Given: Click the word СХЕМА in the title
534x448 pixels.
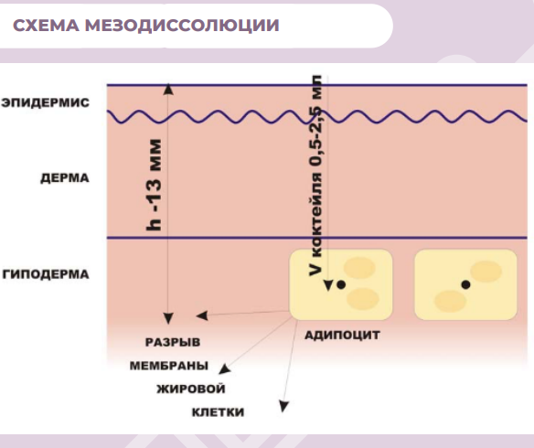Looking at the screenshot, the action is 46,26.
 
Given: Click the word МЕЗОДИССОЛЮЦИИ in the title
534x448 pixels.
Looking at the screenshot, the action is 182,26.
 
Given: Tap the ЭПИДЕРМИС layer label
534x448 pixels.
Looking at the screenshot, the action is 46,102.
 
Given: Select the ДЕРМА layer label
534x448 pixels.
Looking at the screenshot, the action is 65,178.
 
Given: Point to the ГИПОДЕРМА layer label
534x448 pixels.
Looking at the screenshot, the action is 46,274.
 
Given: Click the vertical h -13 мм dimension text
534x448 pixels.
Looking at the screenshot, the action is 154,185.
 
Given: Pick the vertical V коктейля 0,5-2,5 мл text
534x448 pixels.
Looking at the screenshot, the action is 315,176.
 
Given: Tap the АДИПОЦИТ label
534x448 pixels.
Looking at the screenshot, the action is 342,336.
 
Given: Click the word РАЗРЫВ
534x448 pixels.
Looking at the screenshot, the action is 173,342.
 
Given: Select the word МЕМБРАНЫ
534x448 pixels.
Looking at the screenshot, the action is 169,366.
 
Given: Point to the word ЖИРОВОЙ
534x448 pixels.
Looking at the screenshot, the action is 191,389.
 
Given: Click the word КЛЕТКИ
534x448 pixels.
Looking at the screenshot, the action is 218,412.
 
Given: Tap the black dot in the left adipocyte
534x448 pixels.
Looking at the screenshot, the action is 341,284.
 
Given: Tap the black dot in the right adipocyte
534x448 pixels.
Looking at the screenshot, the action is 466,284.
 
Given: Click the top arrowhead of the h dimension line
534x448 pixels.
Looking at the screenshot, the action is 168,90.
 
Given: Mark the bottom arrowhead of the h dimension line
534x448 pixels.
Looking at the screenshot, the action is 168,318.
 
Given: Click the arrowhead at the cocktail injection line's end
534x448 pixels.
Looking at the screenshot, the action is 328,285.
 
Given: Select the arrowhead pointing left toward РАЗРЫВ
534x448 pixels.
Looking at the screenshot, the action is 202,316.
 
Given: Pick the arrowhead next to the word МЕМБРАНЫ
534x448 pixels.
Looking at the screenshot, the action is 224,369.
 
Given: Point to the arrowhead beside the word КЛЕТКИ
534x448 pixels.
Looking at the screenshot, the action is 284,407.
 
